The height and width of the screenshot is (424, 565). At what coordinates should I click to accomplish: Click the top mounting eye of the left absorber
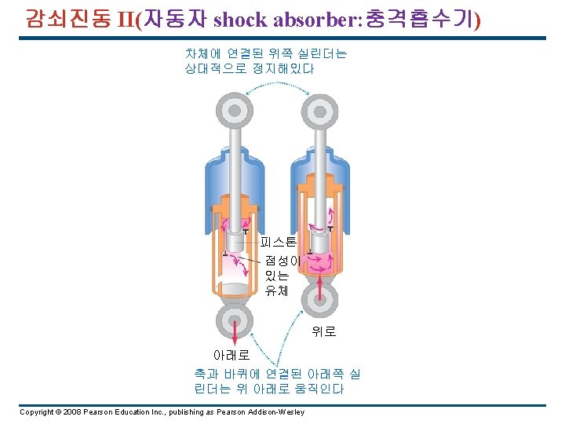pos(232,110)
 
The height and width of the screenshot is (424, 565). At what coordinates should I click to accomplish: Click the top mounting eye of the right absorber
pos(319,110)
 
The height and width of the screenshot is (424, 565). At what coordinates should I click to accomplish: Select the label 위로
pos(323,332)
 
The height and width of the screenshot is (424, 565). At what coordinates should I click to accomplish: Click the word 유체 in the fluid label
pos(277,291)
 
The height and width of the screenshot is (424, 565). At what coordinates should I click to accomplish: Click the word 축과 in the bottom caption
pos(206,375)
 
